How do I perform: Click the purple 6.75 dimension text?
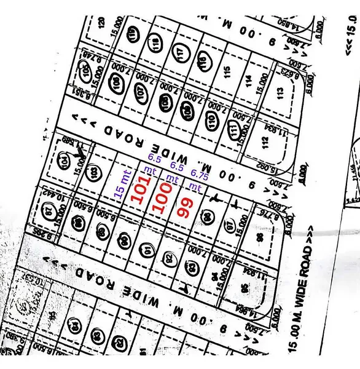pyautogui.click(x=197, y=173)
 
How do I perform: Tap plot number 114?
pyautogui.click(x=248, y=79)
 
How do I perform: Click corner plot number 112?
pyautogui.click(x=265, y=143)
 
